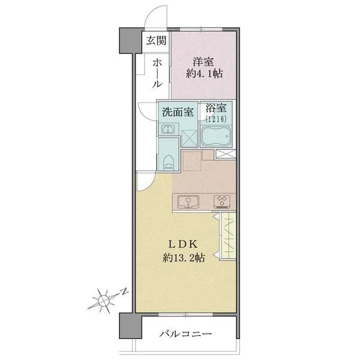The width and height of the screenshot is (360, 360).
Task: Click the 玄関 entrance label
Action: (156, 41)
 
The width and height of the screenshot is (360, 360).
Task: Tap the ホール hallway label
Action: (157, 73)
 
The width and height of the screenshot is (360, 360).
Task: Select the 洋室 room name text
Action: (203, 62)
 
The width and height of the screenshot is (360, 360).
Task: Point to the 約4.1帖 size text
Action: (204, 74)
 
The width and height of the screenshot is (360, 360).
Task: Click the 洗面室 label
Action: (178, 112)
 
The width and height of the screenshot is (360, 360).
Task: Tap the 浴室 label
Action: (216, 108)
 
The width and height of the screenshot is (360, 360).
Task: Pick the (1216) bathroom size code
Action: (216, 119)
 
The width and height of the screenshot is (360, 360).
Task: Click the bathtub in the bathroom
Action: (216, 136)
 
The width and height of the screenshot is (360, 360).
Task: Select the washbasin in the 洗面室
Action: (168, 130)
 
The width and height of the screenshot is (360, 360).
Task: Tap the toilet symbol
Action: (168, 163)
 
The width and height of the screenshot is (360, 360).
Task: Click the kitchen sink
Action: (188, 202)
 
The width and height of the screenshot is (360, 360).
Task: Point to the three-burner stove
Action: (222, 202)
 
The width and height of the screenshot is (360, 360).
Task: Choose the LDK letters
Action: (183, 245)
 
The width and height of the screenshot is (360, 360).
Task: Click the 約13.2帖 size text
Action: (184, 258)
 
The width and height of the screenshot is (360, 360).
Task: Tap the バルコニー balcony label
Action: (185, 334)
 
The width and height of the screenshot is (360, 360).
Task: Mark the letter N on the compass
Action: (124, 291)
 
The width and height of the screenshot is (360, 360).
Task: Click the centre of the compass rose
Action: (104, 300)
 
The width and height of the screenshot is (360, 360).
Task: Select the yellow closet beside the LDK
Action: (228, 236)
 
